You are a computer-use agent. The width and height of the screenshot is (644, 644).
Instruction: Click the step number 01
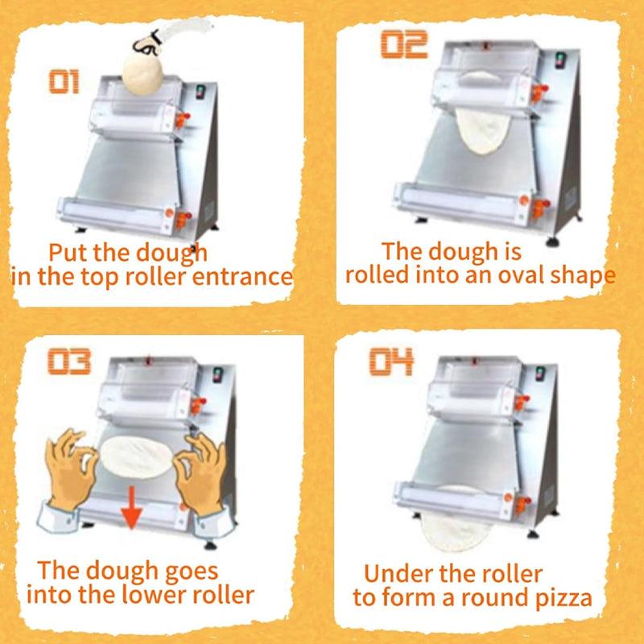[64, 82]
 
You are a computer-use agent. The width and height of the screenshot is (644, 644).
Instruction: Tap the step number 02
[404, 44]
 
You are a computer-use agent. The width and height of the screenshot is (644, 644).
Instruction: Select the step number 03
[69, 361]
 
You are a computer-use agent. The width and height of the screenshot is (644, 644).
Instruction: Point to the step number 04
[391, 361]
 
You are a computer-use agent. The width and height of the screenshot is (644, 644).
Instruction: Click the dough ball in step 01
[143, 74]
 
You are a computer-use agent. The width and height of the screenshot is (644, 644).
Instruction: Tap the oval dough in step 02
[483, 130]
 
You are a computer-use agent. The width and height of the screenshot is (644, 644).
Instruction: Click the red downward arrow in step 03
[132, 508]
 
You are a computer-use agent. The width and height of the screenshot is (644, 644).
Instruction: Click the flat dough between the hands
[136, 457]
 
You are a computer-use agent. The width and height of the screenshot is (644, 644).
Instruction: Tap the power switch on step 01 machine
[200, 92]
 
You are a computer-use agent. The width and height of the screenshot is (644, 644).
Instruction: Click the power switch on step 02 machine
[559, 60]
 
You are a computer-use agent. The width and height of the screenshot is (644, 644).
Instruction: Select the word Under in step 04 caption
[390, 573]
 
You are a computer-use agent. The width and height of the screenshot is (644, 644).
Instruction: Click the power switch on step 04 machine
[540, 374]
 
